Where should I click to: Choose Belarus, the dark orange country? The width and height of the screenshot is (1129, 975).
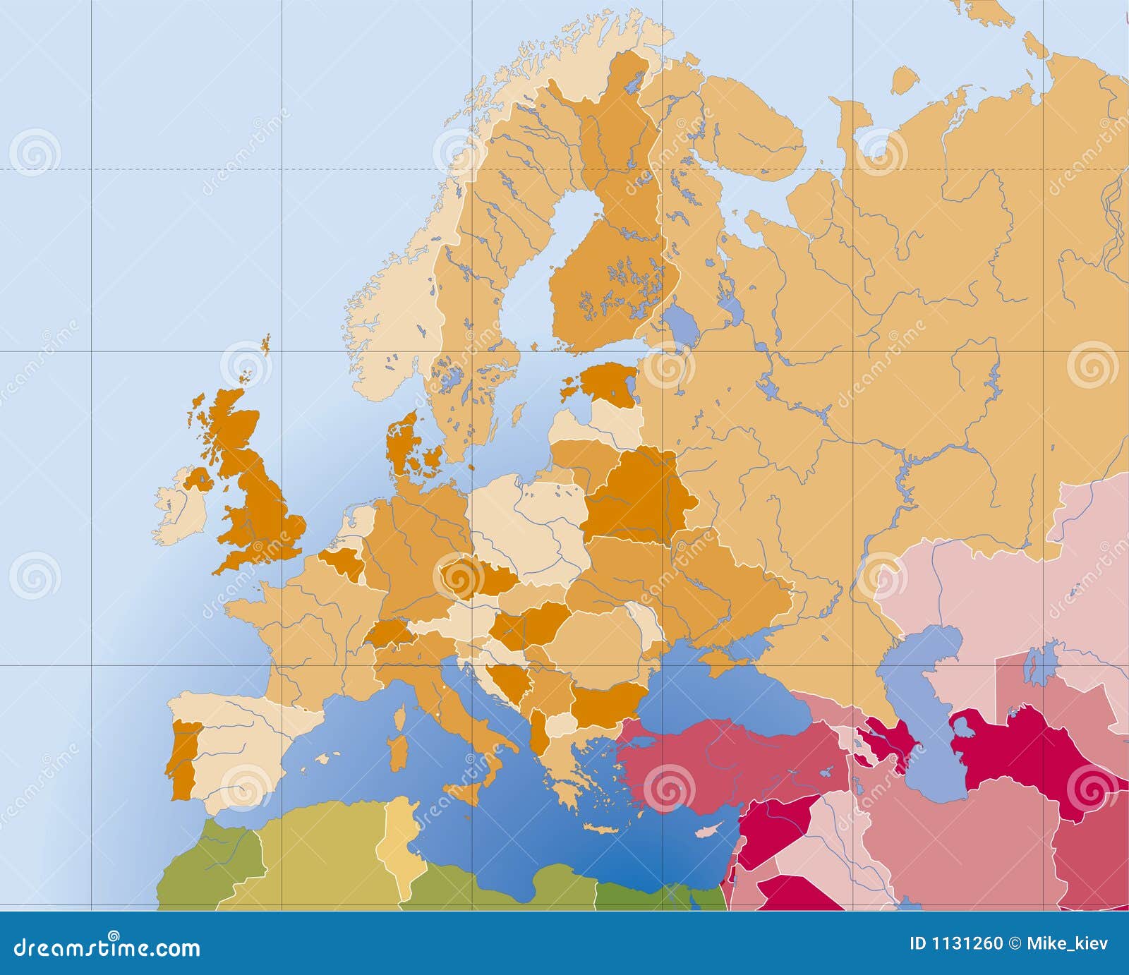[x=635, y=497]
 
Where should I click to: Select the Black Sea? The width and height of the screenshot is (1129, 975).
[x=713, y=684]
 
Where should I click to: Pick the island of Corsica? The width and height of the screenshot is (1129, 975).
[x=399, y=718]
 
